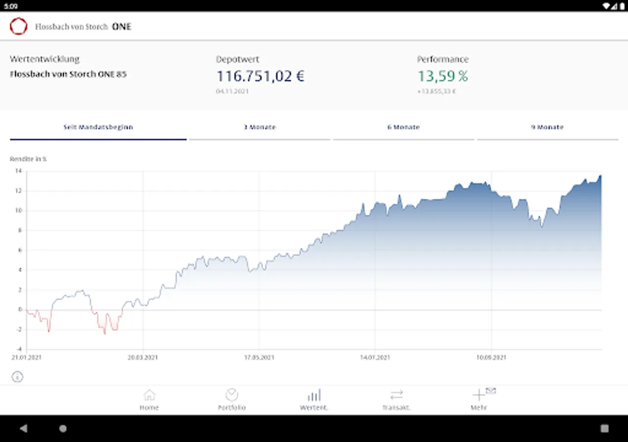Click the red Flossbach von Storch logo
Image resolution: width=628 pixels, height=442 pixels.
19,27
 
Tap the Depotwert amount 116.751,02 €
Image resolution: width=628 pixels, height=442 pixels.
261,76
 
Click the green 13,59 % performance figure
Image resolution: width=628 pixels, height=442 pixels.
443,76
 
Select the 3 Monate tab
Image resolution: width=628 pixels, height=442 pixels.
260,127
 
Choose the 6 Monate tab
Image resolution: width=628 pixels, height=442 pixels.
403,127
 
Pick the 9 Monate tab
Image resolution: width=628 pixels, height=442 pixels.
547,127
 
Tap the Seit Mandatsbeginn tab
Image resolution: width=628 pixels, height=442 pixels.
98,127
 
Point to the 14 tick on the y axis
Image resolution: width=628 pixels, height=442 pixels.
18,171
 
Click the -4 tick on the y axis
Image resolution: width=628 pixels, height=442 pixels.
18,349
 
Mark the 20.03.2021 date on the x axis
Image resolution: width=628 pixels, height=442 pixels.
143,358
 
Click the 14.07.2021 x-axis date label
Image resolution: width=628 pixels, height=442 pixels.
375,358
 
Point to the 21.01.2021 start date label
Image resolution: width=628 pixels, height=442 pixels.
26,358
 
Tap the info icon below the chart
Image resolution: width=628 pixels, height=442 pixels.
17,377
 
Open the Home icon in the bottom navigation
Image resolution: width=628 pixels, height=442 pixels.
149,395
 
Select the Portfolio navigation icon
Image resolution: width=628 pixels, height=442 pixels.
232,395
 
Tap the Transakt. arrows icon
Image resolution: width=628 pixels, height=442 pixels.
396,395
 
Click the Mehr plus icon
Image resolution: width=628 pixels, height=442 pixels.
478,395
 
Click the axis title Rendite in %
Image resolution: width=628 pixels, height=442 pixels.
28,159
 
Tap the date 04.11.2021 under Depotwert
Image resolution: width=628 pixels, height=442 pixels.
232,91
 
